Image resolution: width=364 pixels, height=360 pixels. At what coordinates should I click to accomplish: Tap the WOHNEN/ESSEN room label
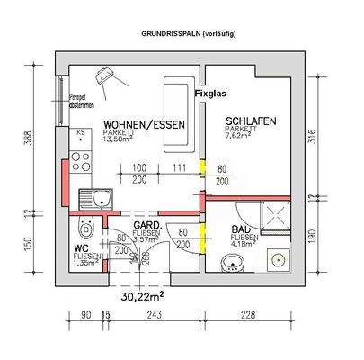pos(146,125)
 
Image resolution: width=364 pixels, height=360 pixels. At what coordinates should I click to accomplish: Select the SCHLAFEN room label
pos(250,121)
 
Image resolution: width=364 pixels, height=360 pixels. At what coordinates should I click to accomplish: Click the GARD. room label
pos(146,225)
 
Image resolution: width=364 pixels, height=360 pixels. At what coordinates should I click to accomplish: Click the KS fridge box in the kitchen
pos(81,136)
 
